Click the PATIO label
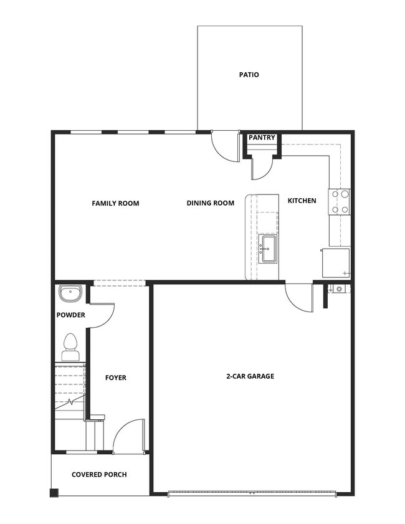[249, 75]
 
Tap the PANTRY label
[262, 138]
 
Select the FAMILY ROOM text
[115, 203]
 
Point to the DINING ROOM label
[211, 203]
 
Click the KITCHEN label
[302, 201]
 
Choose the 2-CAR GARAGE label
[250, 376]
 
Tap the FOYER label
[115, 378]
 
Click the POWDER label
[70, 315]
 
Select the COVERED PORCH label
[99, 474]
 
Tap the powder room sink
[70, 293]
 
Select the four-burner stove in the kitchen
[340, 201]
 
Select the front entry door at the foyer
[129, 436]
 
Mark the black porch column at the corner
[54, 492]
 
